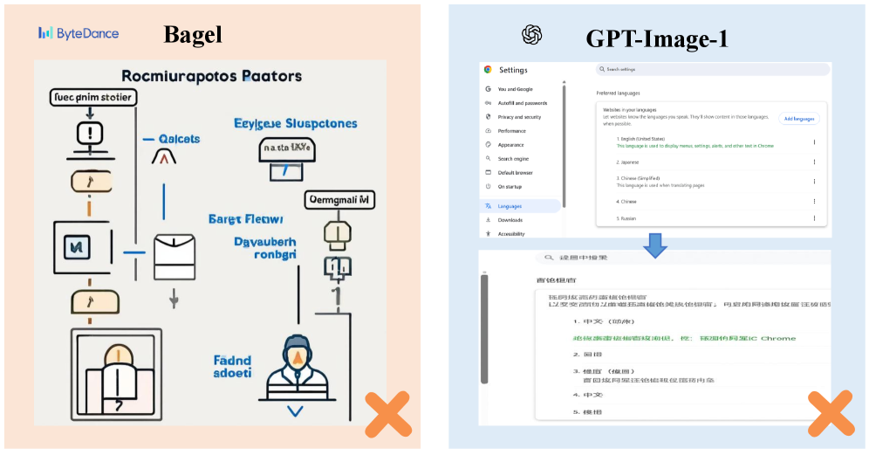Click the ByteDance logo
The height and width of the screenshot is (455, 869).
coord(79,33)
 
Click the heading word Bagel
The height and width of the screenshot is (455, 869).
coord(193,34)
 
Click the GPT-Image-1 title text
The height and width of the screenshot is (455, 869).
coord(657,38)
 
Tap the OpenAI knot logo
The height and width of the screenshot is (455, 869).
coord(532,35)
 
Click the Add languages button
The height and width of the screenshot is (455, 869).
coord(798,119)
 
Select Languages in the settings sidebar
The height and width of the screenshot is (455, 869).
coord(510,206)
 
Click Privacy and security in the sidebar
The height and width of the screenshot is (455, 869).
coord(519,116)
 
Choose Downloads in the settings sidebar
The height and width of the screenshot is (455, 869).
coord(510,220)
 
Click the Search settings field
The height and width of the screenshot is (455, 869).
coord(711,69)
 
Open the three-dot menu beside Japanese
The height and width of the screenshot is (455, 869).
coord(814,162)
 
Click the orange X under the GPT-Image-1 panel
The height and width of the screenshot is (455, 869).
coord(830,413)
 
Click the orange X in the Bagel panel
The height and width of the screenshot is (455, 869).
coord(387,415)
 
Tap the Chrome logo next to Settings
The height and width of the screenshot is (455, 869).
coord(488,70)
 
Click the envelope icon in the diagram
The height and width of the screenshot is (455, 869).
coord(174,256)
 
